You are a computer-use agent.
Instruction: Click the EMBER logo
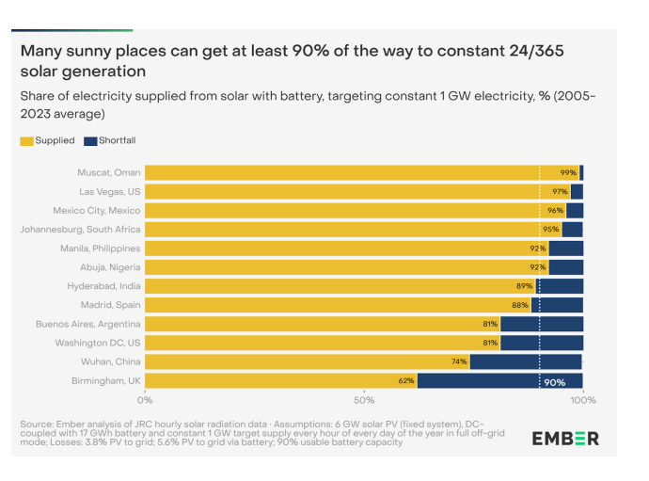(565, 439)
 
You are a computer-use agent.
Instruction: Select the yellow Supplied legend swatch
(26, 141)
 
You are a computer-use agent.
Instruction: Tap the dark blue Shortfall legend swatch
(90, 141)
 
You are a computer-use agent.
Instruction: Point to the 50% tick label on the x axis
(364, 400)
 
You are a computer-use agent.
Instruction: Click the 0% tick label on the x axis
(145, 400)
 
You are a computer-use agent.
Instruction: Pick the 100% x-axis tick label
(583, 400)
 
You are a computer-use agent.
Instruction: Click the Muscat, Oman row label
(109, 173)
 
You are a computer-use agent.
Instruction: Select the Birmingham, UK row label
(106, 380)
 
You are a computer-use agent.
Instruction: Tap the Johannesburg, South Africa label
(80, 230)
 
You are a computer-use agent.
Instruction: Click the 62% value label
(406, 380)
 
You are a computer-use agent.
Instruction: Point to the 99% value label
(568, 173)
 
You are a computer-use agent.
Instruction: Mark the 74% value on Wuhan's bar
(459, 361)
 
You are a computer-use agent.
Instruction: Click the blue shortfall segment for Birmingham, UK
(500, 380)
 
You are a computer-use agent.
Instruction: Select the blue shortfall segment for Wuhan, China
(526, 361)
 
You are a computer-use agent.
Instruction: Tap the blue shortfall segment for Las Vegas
(577, 192)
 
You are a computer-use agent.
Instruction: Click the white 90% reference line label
(555, 382)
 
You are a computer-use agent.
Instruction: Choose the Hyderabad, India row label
(103, 286)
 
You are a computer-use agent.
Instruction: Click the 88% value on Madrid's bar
(520, 305)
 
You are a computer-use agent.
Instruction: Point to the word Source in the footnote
(36, 425)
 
